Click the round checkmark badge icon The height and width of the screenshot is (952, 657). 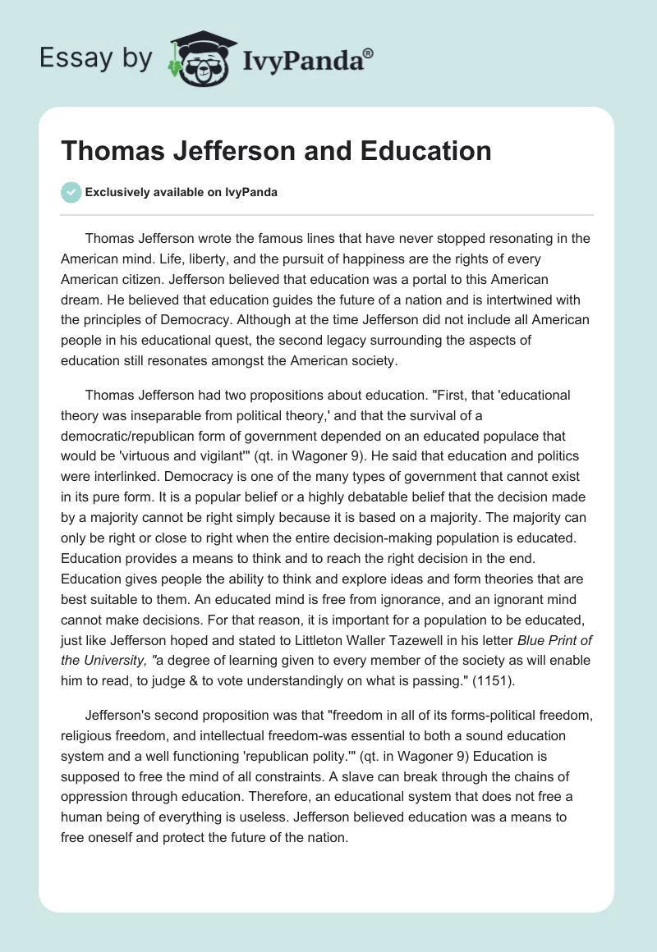point(71,192)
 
